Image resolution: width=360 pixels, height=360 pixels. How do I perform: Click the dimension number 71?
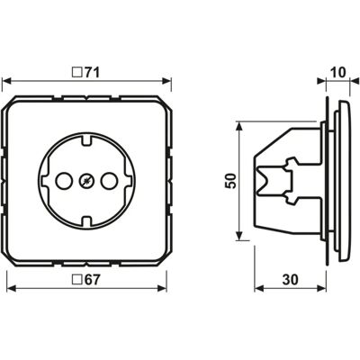click(91, 72)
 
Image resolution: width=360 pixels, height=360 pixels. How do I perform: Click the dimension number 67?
click(91, 280)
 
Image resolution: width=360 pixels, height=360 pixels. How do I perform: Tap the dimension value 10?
click(337, 72)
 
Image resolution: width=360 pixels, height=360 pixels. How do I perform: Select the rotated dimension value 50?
click(231, 181)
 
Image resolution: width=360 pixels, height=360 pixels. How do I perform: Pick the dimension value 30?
click(291, 280)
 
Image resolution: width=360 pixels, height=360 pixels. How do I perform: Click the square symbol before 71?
click(77, 73)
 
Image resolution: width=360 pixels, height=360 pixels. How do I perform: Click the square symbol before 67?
click(77, 280)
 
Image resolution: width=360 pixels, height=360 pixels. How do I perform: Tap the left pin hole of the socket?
click(64, 181)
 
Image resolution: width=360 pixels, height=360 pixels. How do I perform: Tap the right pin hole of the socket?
click(109, 181)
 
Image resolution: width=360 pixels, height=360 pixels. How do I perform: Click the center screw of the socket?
click(86, 181)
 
